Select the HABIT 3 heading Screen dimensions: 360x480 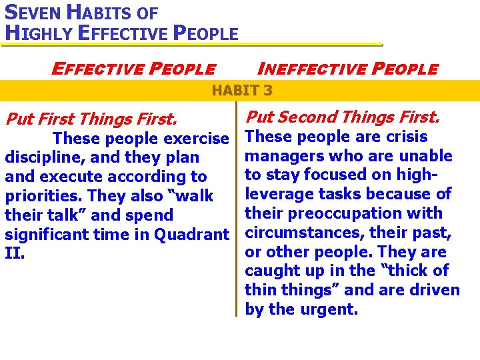[x=242, y=90]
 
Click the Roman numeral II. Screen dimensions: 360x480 [x=15, y=254]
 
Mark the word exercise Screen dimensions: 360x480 [x=196, y=139]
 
